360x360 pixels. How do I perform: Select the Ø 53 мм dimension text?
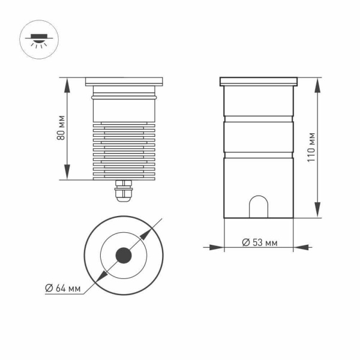click(x=259, y=242)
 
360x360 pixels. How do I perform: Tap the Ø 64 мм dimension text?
click(x=63, y=288)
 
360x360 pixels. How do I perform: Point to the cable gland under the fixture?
click(x=124, y=191)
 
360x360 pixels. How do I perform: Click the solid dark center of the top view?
click(x=124, y=256)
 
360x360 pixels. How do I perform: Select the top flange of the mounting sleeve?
click(x=259, y=81)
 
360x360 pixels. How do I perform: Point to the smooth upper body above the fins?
click(x=124, y=110)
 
